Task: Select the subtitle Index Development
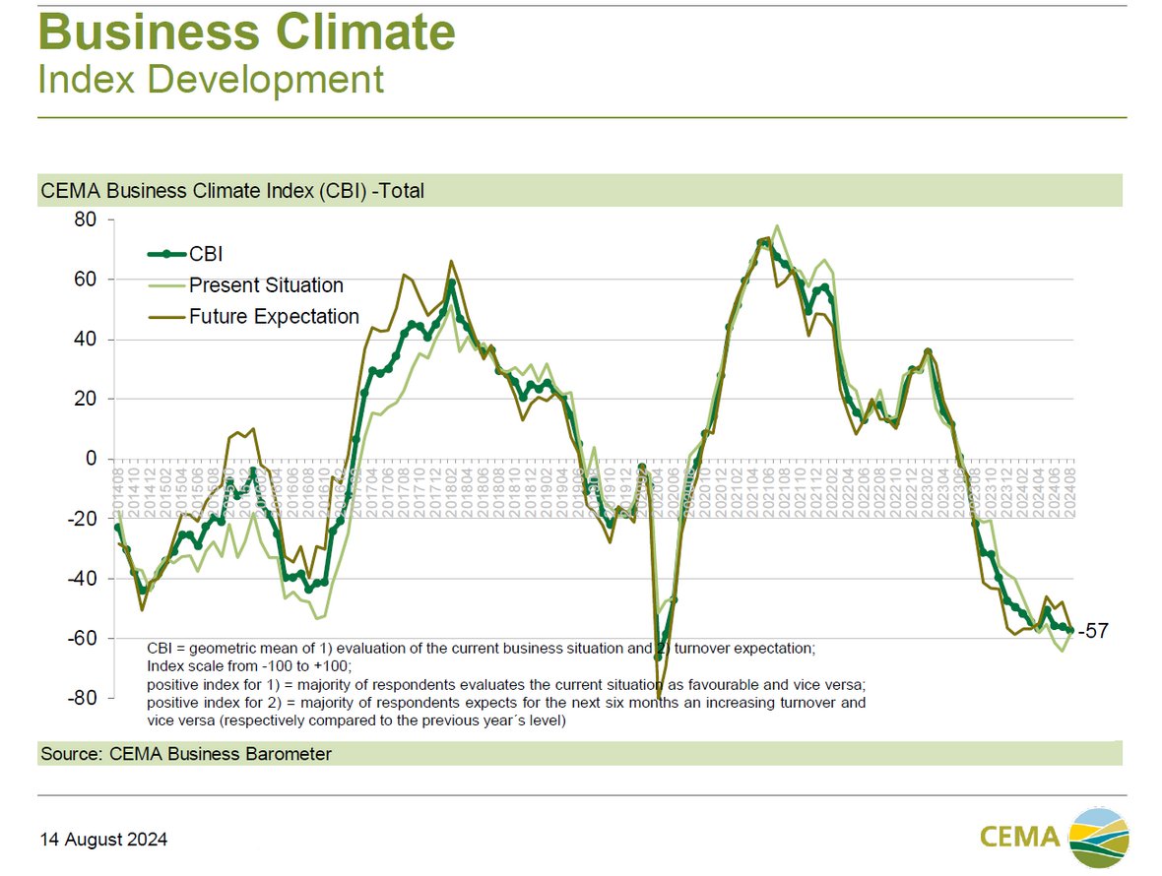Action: (x=211, y=80)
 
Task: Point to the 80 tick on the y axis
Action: (x=86, y=219)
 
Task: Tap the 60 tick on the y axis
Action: (x=86, y=280)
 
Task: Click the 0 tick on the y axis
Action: (x=91, y=459)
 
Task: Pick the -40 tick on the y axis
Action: (x=83, y=579)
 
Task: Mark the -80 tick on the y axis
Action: (x=83, y=698)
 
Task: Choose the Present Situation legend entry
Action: (x=266, y=285)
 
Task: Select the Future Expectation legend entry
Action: (x=274, y=317)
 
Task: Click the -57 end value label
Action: (x=1094, y=632)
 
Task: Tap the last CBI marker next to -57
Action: (x=1070, y=631)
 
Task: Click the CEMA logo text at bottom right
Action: (x=1020, y=837)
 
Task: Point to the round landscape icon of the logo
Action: (x=1099, y=837)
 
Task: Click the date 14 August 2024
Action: (x=103, y=840)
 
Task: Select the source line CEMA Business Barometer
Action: (x=186, y=754)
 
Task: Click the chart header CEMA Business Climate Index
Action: (x=232, y=191)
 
